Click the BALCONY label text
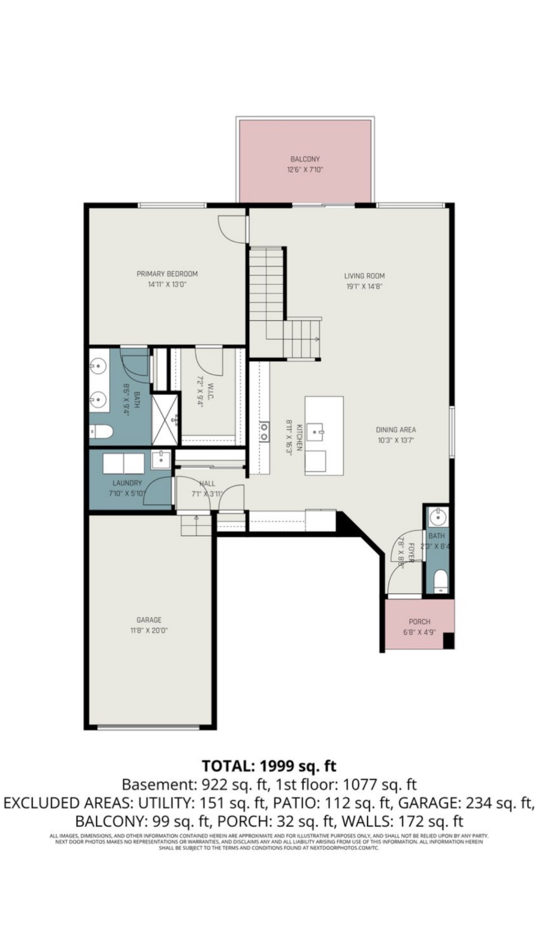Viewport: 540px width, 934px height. (305, 159)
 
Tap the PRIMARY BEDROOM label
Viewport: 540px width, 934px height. (167, 274)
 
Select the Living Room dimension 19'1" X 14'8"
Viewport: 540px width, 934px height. (364, 287)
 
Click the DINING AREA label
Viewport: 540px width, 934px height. (396, 430)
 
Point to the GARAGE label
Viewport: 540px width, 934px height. (149, 620)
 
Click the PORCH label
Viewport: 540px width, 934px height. (419, 622)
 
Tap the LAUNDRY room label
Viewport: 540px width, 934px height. (127, 483)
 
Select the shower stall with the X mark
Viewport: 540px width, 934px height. (165, 419)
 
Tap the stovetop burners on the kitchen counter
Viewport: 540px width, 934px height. (264, 432)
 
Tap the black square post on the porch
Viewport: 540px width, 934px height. (448, 640)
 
